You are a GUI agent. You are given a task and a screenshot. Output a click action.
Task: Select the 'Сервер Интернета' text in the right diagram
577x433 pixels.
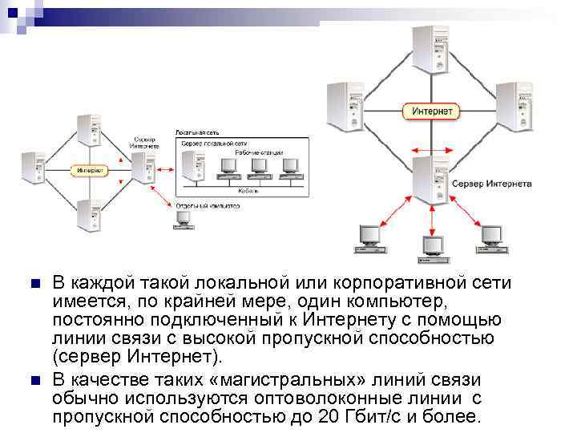(491, 184)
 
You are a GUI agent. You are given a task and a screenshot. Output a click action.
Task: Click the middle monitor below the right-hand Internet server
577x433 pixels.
(433, 246)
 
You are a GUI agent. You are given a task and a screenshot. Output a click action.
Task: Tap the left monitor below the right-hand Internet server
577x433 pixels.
(369, 235)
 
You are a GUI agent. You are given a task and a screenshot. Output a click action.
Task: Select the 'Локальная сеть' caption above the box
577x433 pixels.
(192, 131)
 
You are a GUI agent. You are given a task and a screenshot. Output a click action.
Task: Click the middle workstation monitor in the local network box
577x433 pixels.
(257, 166)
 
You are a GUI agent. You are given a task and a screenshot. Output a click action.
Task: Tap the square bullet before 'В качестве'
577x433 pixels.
(34, 379)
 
